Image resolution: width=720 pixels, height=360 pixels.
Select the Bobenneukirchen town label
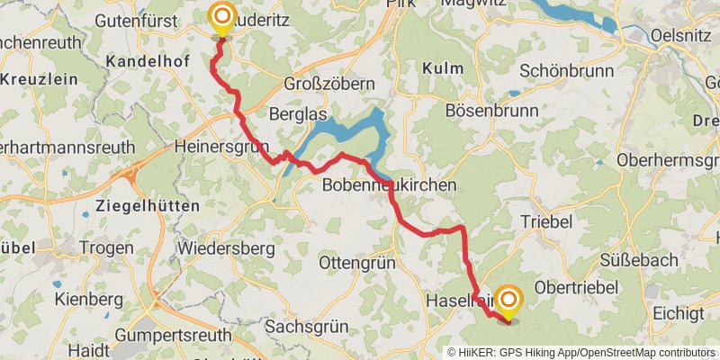[390, 184]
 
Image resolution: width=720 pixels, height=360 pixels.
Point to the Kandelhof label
[145, 62]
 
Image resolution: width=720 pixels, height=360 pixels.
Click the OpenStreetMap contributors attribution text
[647, 353]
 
